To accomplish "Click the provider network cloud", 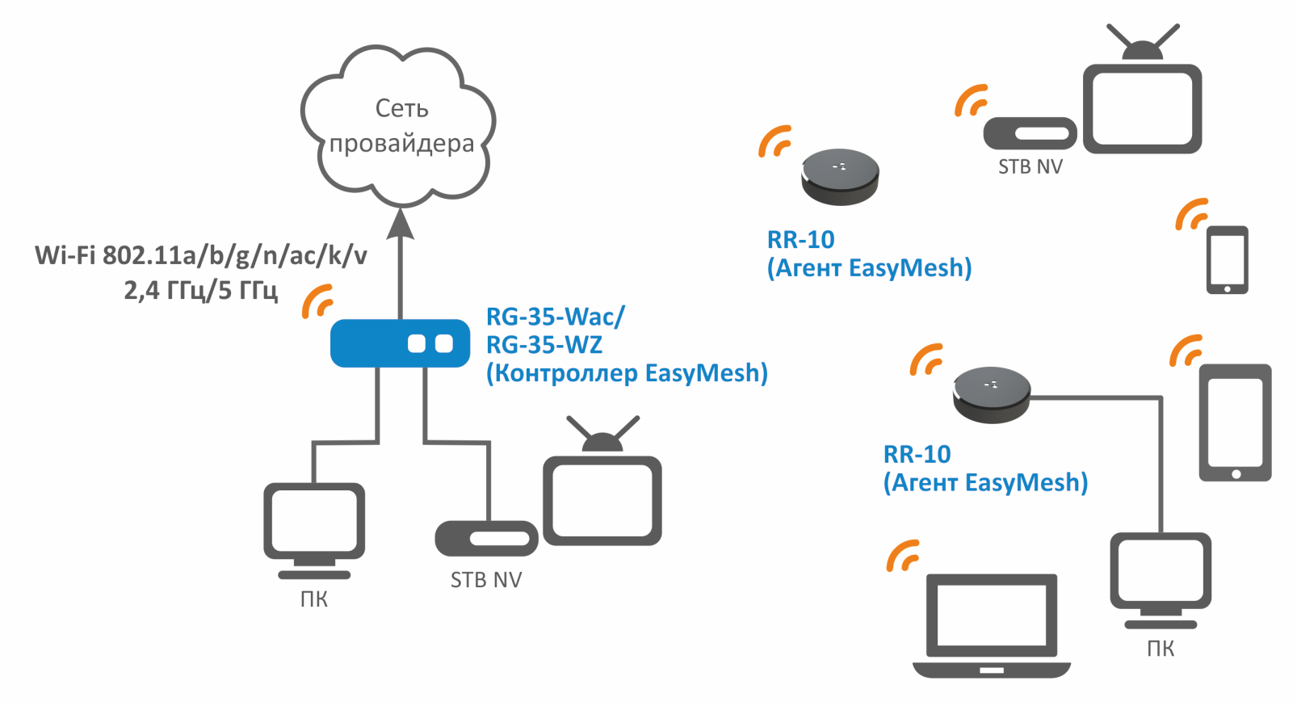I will (x=399, y=126).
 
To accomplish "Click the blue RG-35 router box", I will (x=400, y=343).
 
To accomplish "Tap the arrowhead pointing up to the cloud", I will (x=400, y=224).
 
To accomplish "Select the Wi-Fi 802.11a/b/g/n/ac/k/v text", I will (x=200, y=255).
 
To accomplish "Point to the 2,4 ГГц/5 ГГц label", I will (x=200, y=289).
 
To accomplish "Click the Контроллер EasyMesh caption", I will (x=627, y=373).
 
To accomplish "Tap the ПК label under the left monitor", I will (x=314, y=599).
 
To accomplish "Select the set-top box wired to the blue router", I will (x=486, y=538).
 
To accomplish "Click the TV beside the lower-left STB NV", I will (x=602, y=493).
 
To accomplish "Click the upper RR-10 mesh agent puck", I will (x=840, y=176).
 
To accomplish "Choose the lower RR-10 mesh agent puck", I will (x=991, y=394).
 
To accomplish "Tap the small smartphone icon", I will (x=1227, y=259).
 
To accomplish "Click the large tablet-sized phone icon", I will (x=1235, y=422).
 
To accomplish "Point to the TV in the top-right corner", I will (x=1142, y=101).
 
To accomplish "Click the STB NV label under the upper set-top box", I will (x=1030, y=167).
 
